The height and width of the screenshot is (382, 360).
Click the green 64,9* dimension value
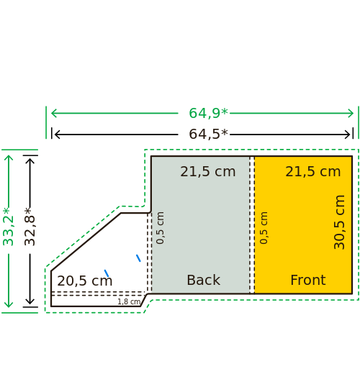[x=208, y=113]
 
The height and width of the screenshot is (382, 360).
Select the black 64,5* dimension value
[x=208, y=135]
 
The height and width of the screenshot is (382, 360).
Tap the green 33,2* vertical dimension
[x=8, y=227]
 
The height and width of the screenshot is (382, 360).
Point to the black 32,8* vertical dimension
[x=30, y=227]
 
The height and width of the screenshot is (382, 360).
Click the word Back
[x=204, y=280]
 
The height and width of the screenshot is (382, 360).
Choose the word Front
[x=308, y=280]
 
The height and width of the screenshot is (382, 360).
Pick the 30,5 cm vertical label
[x=339, y=222]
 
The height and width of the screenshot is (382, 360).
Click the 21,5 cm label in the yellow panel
[x=313, y=171]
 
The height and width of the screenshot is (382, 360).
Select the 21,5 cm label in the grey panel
[x=208, y=171]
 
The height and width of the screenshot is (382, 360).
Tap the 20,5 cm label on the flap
[x=85, y=281]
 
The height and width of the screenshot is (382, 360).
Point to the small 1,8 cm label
[x=129, y=301]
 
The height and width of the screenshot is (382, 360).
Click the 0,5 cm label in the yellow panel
[x=264, y=228]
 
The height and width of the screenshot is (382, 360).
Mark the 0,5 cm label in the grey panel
[x=160, y=228]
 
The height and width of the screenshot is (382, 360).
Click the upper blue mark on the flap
[x=138, y=258]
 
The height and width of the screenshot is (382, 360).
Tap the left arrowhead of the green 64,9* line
[x=53, y=113]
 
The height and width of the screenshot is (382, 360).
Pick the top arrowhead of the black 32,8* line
[x=30, y=160]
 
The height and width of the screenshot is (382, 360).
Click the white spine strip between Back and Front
[x=252, y=225]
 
